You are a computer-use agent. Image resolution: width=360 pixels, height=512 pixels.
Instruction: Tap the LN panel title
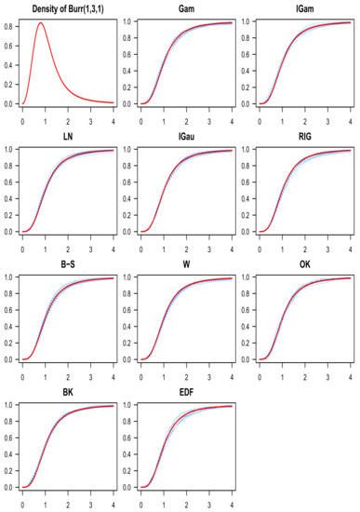67,135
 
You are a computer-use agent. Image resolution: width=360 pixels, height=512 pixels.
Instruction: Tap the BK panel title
67,391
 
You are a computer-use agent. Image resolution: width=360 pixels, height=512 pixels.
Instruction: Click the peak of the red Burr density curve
41,23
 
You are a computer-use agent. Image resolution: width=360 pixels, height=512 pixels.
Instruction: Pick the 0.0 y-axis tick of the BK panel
7,487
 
